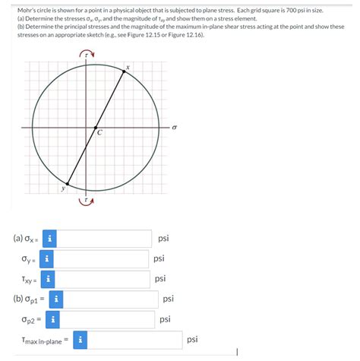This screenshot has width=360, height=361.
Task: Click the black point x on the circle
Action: tap(125, 71)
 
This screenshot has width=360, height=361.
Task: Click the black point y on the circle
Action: tap(67, 184)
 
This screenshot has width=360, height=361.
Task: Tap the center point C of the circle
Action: tap(95, 128)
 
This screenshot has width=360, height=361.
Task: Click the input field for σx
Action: tap(104, 239)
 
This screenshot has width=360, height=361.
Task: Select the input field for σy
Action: tap(103, 259)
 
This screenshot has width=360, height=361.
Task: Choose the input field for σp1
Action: tap(110, 299)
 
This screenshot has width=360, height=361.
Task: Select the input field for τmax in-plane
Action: tap(135, 340)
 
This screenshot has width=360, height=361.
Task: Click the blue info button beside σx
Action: tap(49, 239)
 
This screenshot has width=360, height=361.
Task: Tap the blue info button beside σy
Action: tap(47, 259)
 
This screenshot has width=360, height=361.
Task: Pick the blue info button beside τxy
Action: tap(49, 279)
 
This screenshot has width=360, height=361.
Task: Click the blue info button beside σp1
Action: tap(55, 299)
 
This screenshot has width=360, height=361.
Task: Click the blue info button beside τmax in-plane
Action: tap(81, 340)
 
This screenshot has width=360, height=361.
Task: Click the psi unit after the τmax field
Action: tap(192, 340)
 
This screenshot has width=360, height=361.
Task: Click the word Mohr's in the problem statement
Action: tap(27, 10)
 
